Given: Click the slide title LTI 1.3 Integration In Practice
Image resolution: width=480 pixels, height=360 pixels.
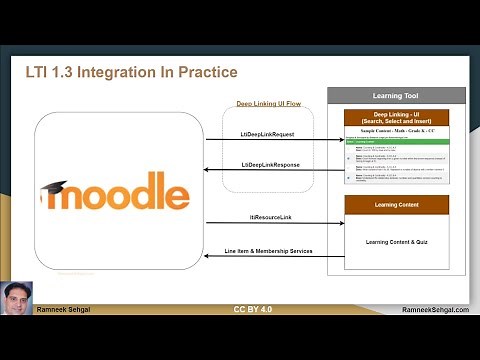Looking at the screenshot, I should [x=131, y=72].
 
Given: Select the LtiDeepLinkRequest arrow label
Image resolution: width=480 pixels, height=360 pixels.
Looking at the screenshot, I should [x=267, y=133].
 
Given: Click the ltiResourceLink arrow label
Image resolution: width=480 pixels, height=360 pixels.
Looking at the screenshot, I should [x=265, y=218].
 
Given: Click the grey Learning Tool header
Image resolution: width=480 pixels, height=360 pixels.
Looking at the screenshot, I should [x=396, y=96].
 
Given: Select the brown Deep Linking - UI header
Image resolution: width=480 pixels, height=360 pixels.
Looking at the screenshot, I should [x=396, y=118].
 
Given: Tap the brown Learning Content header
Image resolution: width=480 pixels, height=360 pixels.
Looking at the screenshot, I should [x=396, y=204].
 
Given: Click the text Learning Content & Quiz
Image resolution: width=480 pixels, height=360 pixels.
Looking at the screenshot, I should [x=396, y=241].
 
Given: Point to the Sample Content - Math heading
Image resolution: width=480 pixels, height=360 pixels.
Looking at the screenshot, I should [x=396, y=132].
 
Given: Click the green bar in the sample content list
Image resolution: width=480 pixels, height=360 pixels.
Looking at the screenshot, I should [x=396, y=142].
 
